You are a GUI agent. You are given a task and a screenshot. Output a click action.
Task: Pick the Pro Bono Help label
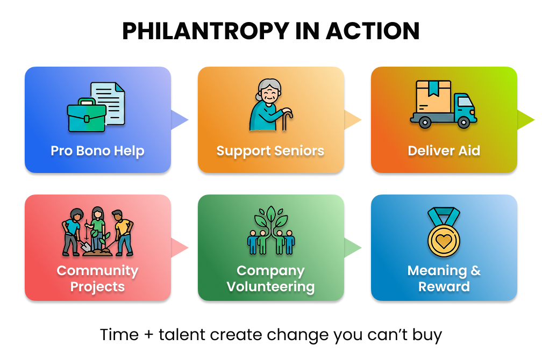point(97,151)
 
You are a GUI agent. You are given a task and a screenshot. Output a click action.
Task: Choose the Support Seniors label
point(270,151)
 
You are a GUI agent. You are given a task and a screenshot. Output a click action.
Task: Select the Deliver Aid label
point(444,151)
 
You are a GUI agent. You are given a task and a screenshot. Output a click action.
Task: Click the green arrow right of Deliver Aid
point(525,119)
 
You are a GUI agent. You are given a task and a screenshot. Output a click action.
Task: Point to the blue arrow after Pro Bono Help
point(179,119)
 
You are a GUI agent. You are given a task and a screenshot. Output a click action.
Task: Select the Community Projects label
point(97,278)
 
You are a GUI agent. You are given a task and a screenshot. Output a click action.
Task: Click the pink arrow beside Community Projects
point(179,247)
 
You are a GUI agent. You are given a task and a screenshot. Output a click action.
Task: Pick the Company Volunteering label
point(270,278)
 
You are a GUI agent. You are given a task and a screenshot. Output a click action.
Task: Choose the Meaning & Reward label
point(444,278)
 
